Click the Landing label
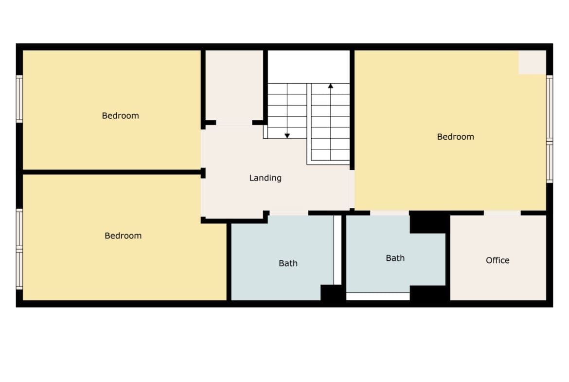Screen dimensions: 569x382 pyautogui.click(x=265, y=178)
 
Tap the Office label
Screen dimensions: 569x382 pyautogui.click(x=498, y=260)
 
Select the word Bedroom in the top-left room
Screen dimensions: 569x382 pyautogui.click(x=120, y=116)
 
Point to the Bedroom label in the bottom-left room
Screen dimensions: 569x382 pyautogui.click(x=123, y=236)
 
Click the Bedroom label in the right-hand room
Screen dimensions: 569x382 pyautogui.click(x=455, y=137)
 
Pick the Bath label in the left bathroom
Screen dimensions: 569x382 pyautogui.click(x=288, y=263)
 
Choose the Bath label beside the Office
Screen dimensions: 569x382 pyautogui.click(x=395, y=258)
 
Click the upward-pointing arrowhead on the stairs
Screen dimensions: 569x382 pyautogui.click(x=331, y=86)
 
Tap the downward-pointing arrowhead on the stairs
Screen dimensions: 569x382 pyautogui.click(x=287, y=136)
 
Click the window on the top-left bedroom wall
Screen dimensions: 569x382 pyautogui.click(x=19, y=99)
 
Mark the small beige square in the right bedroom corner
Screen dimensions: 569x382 pyautogui.click(x=533, y=62)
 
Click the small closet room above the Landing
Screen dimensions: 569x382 pyautogui.click(x=234, y=87)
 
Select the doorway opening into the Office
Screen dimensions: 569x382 pyautogui.click(x=502, y=213)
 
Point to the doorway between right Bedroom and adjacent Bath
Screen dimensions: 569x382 pyautogui.click(x=390, y=213)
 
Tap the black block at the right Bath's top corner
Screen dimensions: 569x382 pyautogui.click(x=428, y=222)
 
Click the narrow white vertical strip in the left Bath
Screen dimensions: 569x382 pyautogui.click(x=338, y=250)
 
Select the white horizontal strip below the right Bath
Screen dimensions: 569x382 pyautogui.click(x=378, y=296)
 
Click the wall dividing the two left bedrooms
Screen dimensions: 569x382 pyautogui.click(x=112, y=172)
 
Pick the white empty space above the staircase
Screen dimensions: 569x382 pyautogui.click(x=309, y=67)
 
